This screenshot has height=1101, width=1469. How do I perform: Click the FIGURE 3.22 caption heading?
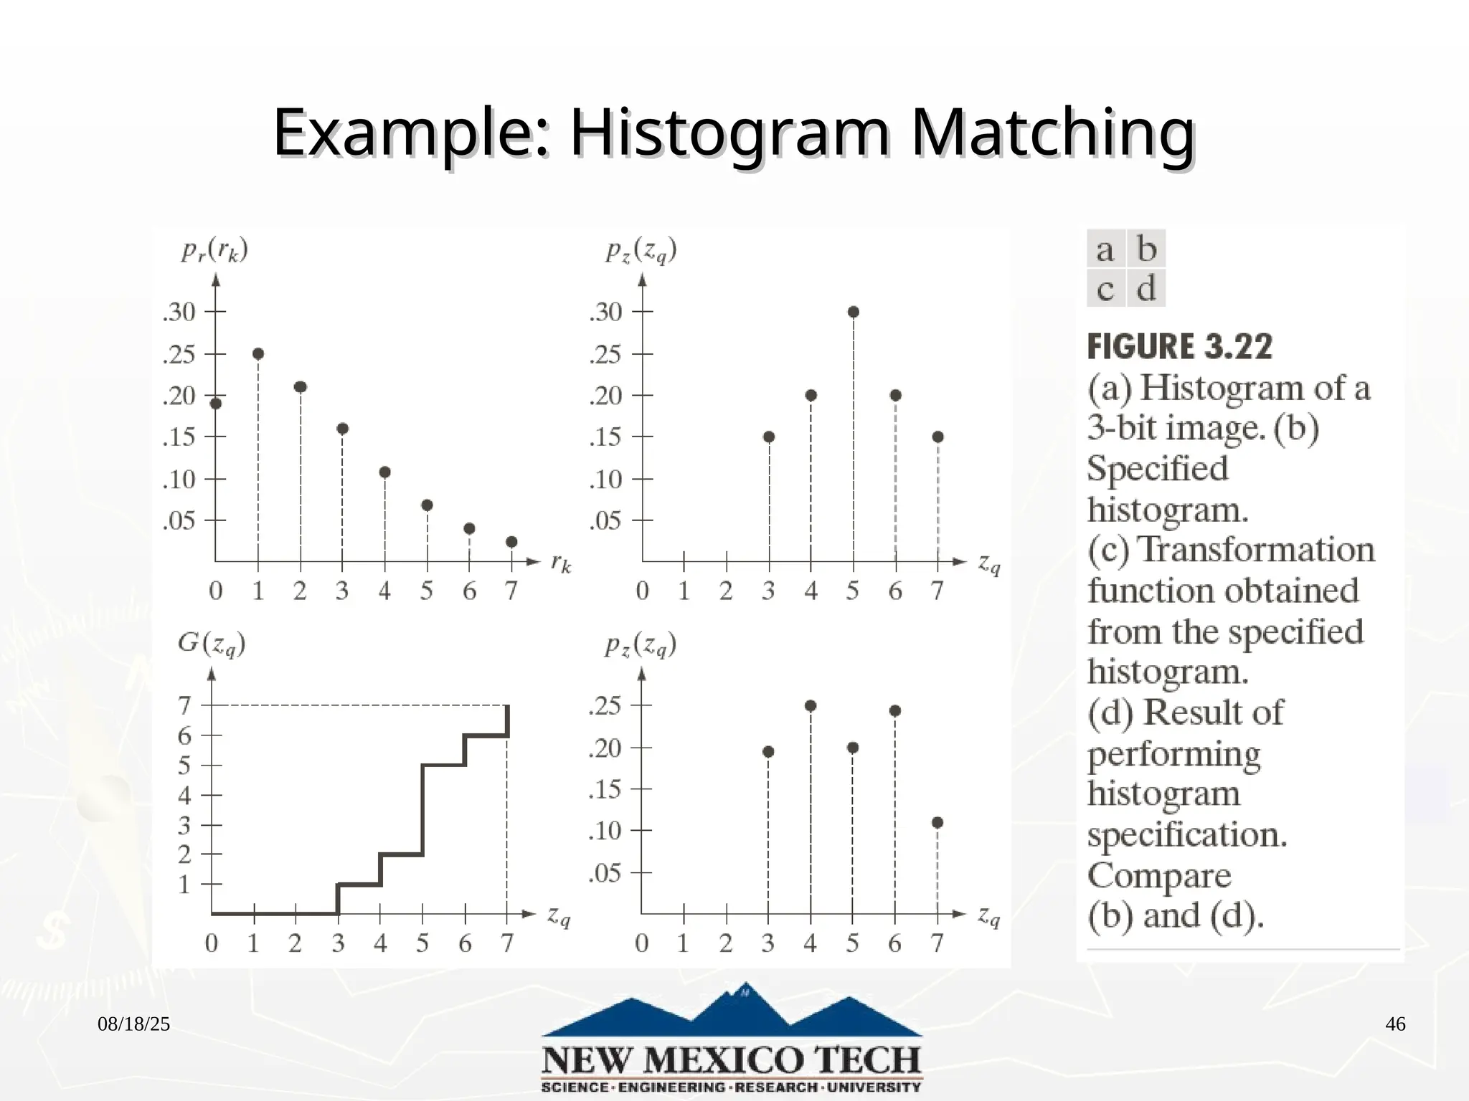pyautogui.click(x=1179, y=347)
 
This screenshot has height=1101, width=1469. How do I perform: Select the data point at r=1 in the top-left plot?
pyautogui.click(x=258, y=354)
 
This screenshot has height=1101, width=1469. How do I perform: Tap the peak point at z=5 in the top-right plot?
pyautogui.click(x=853, y=312)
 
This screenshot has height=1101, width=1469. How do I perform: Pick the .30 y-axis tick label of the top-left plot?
pyautogui.click(x=179, y=312)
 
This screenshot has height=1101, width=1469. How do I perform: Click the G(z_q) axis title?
pyautogui.click(x=212, y=644)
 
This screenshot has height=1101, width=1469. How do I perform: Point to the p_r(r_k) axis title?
pyautogui.click(x=214, y=250)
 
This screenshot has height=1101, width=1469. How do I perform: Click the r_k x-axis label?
pyautogui.click(x=561, y=563)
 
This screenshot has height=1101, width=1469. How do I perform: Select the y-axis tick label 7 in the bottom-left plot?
pyautogui.click(x=184, y=705)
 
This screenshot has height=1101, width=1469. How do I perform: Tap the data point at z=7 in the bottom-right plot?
pyautogui.click(x=937, y=823)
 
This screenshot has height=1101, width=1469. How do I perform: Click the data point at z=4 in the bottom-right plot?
pyautogui.click(x=811, y=706)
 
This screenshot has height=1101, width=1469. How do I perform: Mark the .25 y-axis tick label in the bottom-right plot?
pyautogui.click(x=605, y=706)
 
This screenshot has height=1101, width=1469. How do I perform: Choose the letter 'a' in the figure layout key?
pyautogui.click(x=1105, y=249)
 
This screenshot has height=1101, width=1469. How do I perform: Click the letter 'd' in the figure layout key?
pyautogui.click(x=1146, y=288)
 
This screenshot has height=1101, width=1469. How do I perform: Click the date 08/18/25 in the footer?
pyautogui.click(x=134, y=1024)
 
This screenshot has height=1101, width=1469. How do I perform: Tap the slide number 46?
pyautogui.click(x=1395, y=1024)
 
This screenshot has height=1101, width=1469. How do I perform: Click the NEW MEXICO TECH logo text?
pyautogui.click(x=731, y=1060)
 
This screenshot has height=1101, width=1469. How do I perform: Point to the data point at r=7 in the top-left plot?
pyautogui.click(x=511, y=542)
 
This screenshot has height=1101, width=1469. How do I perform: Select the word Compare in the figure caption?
pyautogui.click(x=1159, y=875)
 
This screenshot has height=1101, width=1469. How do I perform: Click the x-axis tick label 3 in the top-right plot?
pyautogui.click(x=768, y=591)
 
